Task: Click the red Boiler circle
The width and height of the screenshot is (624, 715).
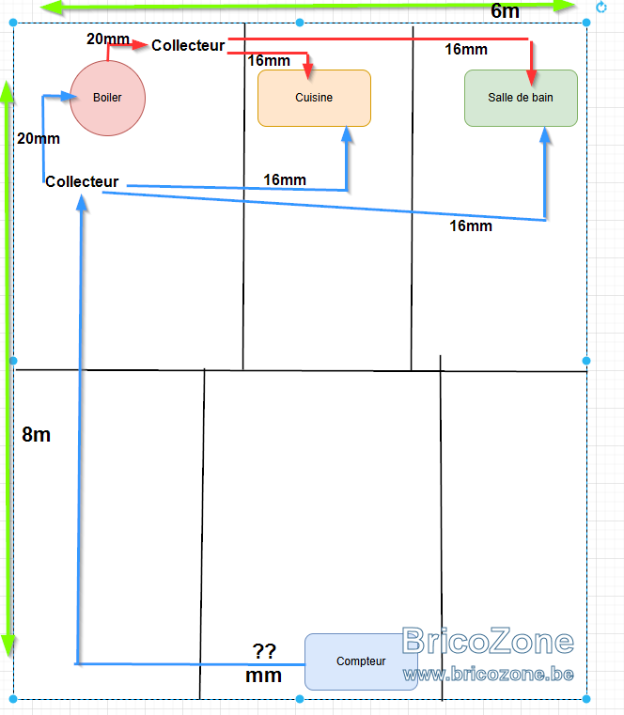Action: pos(108,98)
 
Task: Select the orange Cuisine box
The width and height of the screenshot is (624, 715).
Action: pos(314,98)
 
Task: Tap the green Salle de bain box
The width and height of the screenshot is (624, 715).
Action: pos(521,98)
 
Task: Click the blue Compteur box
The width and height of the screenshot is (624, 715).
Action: pos(361,661)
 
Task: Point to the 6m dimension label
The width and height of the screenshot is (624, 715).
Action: pos(505,11)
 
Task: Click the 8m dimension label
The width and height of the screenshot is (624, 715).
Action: pos(36,435)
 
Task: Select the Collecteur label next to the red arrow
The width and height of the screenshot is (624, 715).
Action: pos(188,46)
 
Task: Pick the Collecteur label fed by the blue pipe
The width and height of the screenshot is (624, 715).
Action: pos(82,181)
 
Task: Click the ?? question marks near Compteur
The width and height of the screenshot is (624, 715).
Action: pos(264,651)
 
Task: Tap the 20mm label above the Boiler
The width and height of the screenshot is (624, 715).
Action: pos(108,39)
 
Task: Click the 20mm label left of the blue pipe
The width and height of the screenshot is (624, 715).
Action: pos(39,139)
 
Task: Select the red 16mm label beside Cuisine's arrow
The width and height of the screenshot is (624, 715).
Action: pos(269,61)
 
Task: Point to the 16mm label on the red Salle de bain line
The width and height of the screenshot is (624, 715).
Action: pos(466,49)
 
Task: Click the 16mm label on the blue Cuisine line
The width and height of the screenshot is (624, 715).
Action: pos(285,179)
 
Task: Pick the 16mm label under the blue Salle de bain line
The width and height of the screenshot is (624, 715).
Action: pos(471,225)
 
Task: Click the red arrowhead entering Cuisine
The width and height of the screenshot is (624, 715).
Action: pos(308,70)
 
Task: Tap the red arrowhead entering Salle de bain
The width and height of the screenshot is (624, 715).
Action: pos(531,77)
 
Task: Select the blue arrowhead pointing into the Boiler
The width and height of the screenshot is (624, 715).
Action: pos(69,96)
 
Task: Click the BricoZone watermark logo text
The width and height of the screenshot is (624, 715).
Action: pos(488,641)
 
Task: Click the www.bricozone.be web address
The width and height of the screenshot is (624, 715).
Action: pos(488,674)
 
